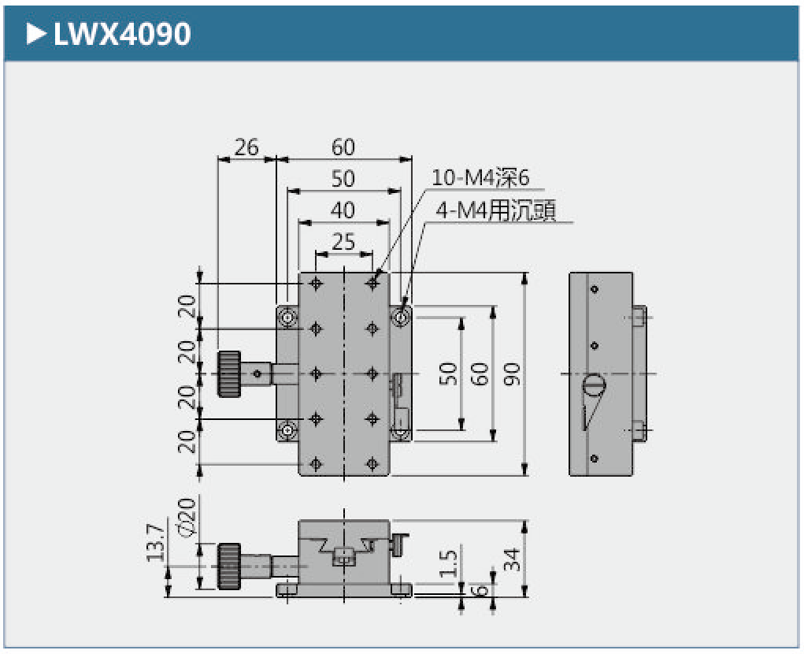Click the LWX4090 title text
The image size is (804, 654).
pyautogui.click(x=121, y=34)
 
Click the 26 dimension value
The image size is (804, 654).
pyautogui.click(x=246, y=147)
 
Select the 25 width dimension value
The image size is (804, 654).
pyautogui.click(x=343, y=242)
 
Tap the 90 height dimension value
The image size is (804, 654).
pyautogui.click(x=513, y=374)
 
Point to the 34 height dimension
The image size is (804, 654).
pyautogui.click(x=513, y=559)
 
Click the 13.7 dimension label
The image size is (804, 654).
pyautogui.click(x=157, y=544)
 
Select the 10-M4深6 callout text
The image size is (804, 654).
pyautogui.click(x=481, y=178)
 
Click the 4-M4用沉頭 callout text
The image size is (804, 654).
pyautogui.click(x=495, y=210)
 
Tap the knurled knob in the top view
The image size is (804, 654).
pyautogui.click(x=230, y=373)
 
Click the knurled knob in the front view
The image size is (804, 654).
pyautogui.click(x=230, y=566)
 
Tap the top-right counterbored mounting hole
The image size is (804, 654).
pyautogui.click(x=402, y=318)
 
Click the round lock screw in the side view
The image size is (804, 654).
pyautogui.click(x=594, y=386)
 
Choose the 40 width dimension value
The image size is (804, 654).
pyautogui.click(x=343, y=210)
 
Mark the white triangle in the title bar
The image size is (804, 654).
pyautogui.click(x=35, y=34)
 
